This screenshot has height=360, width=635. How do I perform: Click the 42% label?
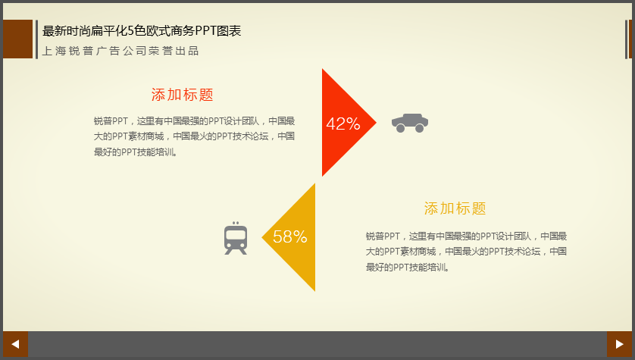tap(343, 124)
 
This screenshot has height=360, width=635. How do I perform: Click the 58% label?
tap(290, 237)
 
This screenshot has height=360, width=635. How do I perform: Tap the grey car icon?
tap(410, 123)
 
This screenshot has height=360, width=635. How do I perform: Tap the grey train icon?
tap(236, 238)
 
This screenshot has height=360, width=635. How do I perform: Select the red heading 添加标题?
tap(182, 95)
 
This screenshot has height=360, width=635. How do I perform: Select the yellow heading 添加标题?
tap(455, 208)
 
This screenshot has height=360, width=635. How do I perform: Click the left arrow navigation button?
tap(15, 344)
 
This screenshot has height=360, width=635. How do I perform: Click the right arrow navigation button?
tap(619, 344)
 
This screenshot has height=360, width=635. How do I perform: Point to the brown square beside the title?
tap(18, 39)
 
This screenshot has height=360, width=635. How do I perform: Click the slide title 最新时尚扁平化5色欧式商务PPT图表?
tap(142, 31)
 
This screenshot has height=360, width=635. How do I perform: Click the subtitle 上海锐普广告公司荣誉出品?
tap(120, 51)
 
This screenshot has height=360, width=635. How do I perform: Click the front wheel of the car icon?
tap(420, 128)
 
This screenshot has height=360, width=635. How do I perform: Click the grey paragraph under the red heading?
tap(195, 136)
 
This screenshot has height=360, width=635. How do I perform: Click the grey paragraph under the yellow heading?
tap(466, 252)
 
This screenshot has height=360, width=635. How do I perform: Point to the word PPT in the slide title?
tap(205, 31)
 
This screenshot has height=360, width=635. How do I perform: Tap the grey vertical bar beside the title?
tap(37, 39)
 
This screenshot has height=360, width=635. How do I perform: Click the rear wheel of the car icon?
tap(400, 128)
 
